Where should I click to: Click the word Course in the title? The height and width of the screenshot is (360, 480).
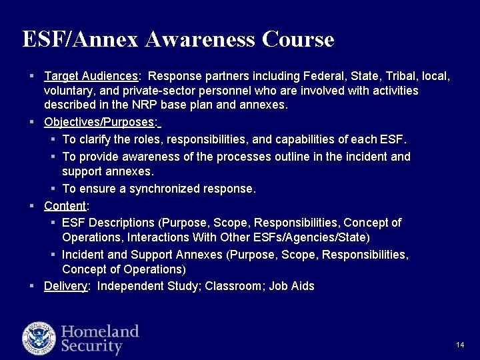click(298, 39)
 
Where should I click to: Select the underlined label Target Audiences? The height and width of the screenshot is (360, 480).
click(91, 77)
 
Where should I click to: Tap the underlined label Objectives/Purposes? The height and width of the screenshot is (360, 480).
click(100, 123)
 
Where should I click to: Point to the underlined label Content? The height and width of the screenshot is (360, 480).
click(65, 205)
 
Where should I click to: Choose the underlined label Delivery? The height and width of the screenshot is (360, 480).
click(66, 286)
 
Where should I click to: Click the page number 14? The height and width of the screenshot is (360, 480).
click(460, 345)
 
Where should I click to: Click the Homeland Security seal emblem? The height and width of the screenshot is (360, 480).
click(39, 338)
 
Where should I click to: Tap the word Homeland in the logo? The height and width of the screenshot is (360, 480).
click(100, 331)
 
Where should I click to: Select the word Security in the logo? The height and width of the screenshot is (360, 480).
click(92, 347)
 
